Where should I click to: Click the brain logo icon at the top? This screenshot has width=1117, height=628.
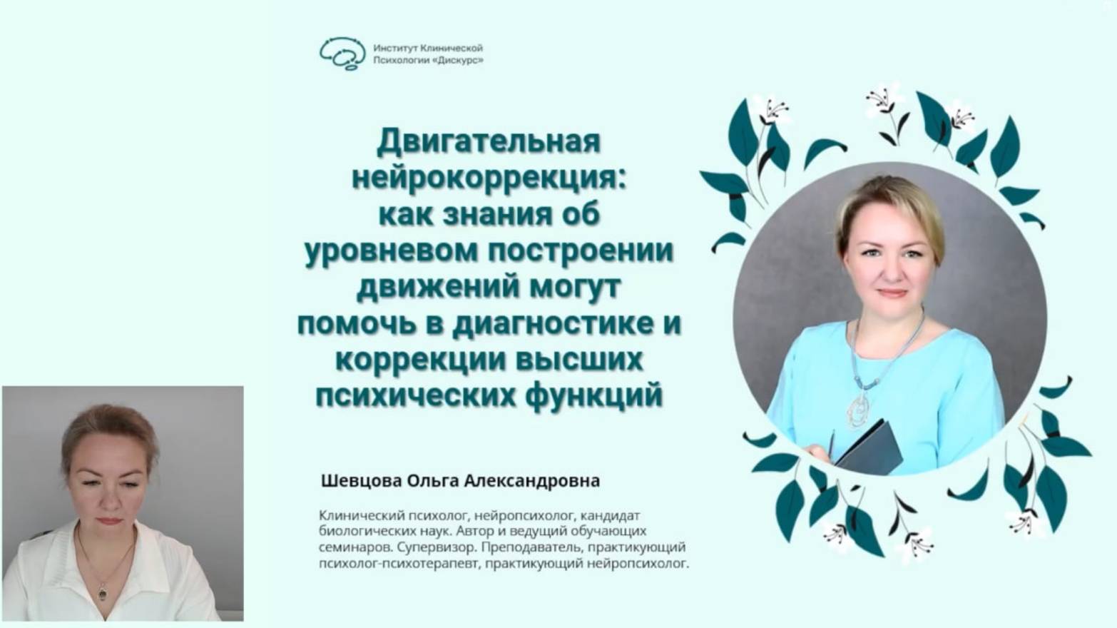pyautogui.click(x=343, y=54)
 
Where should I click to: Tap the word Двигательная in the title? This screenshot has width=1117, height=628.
pyautogui.click(x=489, y=141)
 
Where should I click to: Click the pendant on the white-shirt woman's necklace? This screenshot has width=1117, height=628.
pyautogui.click(x=103, y=591)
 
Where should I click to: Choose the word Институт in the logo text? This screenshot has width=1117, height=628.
pyautogui.click(x=395, y=49)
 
